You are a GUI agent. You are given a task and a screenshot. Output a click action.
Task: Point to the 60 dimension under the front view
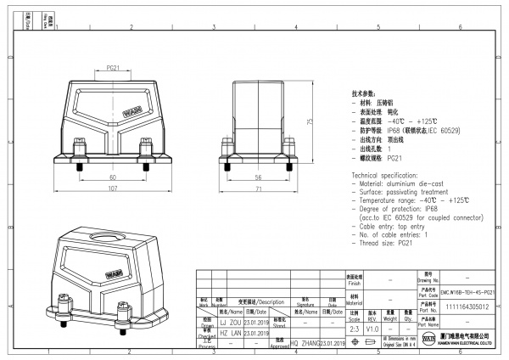click(113, 177)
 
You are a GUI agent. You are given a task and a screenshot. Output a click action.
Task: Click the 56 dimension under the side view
click(257, 177)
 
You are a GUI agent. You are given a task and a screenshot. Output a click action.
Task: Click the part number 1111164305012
click(467, 307)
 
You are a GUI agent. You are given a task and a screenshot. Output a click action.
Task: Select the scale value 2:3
click(353, 327)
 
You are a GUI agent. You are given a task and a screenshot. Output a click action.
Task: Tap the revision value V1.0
click(372, 327)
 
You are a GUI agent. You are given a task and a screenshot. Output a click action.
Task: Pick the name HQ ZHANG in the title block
click(305, 342)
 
